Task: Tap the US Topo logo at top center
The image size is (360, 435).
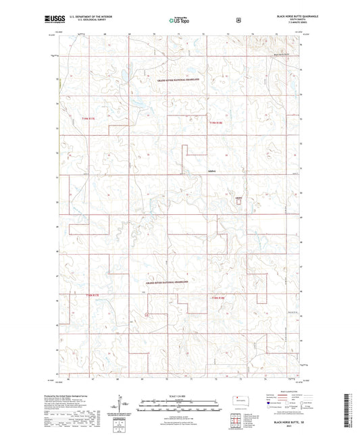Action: click(179, 20)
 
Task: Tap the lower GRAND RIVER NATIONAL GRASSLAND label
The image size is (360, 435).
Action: click(166, 281)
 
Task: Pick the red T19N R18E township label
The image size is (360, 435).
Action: click(215, 122)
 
